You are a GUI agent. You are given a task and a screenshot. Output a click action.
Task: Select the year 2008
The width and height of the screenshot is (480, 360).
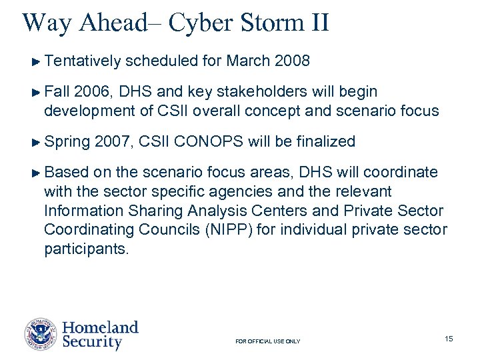pyautogui.click(x=292, y=61)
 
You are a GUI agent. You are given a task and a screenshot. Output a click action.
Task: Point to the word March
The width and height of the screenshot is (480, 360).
pyautogui.click(x=249, y=61)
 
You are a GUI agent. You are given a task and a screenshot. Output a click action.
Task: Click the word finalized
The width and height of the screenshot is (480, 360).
pyautogui.click(x=326, y=141)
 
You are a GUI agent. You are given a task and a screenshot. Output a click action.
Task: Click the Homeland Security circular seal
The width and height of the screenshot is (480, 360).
pyautogui.click(x=41, y=335)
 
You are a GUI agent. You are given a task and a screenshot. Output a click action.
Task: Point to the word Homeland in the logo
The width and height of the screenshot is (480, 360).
pyautogui.click(x=100, y=327)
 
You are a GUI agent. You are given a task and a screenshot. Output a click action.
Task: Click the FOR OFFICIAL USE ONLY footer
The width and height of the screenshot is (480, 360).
pyautogui.click(x=268, y=341)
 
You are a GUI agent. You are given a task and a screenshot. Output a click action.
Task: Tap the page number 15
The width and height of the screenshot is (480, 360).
pyautogui.click(x=449, y=339)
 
